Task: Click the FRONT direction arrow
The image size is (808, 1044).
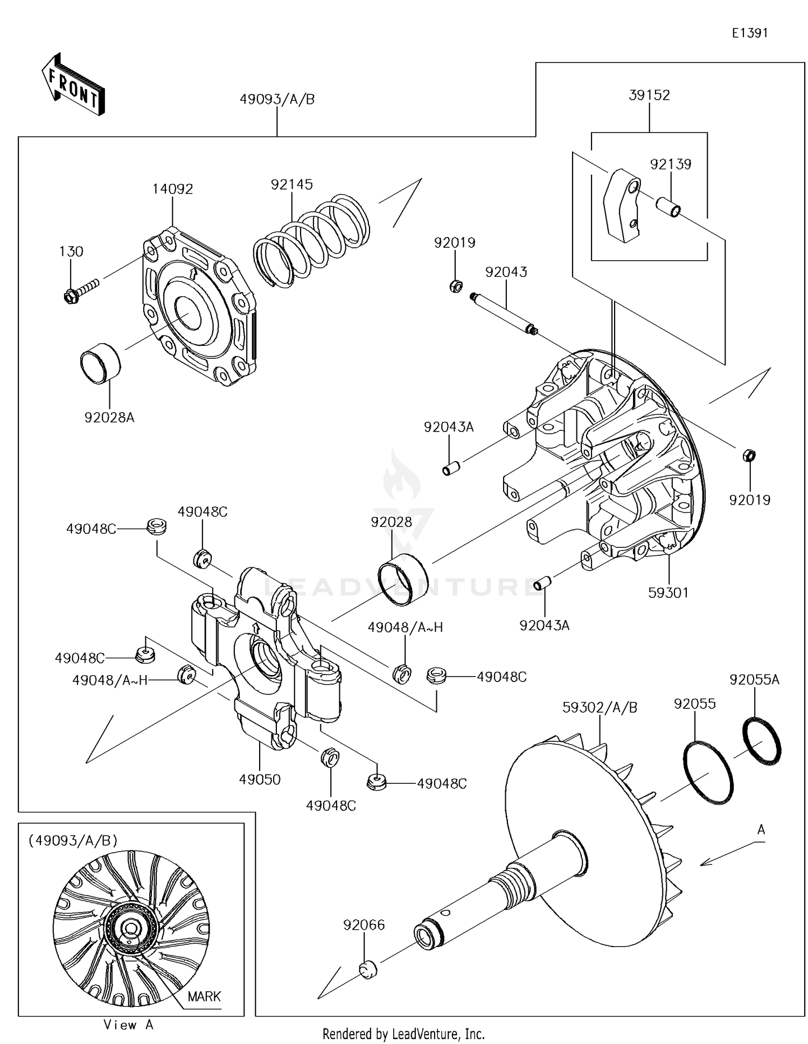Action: pos(73,85)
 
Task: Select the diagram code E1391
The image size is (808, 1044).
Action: pos(749,33)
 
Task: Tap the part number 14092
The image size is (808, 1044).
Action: pos(172,189)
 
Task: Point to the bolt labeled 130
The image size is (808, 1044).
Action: pos(80,289)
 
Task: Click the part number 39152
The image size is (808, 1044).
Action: pos(649,95)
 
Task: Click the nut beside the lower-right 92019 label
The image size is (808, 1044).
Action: pos(749,455)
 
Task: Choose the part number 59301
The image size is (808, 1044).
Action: pos(668,593)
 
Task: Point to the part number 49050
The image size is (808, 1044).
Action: pos(260,779)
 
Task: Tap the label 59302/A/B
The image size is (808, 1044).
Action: pos(600,707)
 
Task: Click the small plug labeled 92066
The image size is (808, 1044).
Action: pos(367,969)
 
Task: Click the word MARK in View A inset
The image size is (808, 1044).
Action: pos(204,996)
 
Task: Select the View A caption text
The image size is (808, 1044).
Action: pos(128,1025)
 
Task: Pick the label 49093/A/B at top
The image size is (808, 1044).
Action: pos(277,100)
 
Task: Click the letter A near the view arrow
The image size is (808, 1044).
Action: pos(761,830)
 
